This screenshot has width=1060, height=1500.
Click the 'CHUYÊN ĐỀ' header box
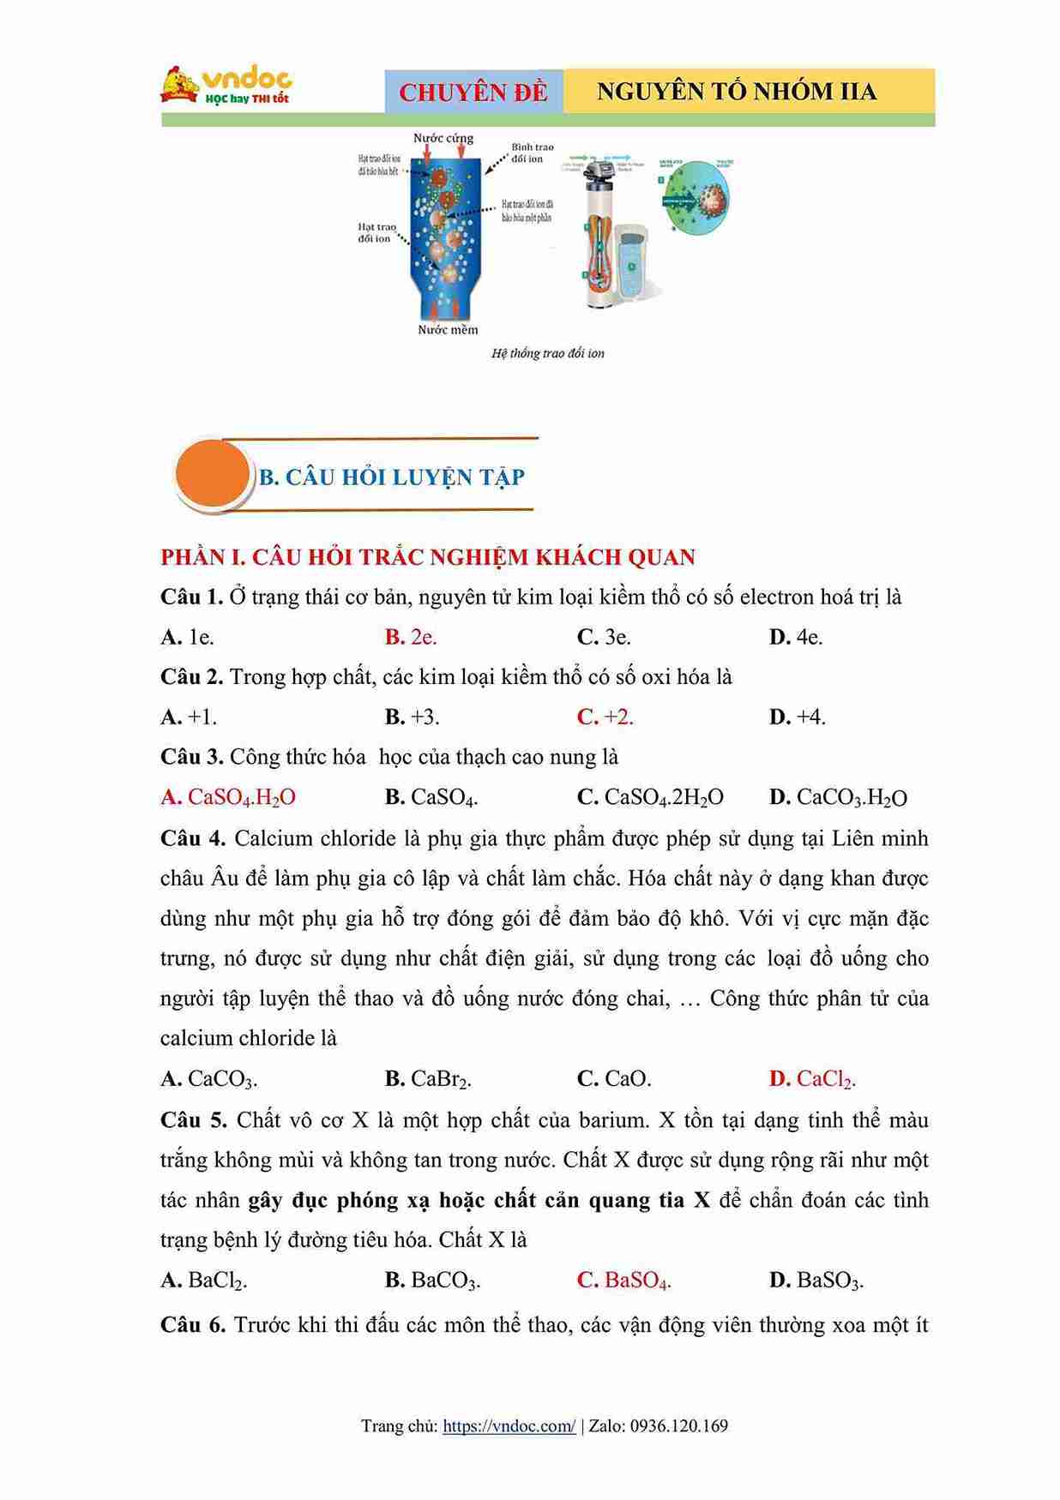473,92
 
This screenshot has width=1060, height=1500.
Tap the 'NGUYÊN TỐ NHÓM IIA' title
737,92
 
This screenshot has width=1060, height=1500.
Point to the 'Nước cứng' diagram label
443,138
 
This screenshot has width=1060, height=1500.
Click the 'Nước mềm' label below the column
448,330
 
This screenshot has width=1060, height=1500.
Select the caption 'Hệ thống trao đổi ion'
547,353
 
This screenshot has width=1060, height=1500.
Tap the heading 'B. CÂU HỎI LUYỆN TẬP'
392,477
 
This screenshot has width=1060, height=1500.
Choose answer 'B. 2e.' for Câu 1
411,637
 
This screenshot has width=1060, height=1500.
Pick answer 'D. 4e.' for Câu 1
796,637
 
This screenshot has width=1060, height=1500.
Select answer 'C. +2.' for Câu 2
605,717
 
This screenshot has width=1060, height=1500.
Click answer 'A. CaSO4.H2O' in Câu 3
228,797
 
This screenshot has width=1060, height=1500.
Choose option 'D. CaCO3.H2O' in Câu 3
838,797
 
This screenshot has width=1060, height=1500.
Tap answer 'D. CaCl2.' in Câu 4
812,1078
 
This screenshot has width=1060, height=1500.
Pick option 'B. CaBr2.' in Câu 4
428,1078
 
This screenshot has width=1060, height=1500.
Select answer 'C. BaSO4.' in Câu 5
623,1281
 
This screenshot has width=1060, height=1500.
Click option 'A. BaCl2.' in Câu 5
204,1281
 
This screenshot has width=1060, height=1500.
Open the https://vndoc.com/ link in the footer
509,1426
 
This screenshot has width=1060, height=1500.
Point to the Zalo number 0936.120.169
678,1426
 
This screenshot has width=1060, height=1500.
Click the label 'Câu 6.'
192,1325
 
